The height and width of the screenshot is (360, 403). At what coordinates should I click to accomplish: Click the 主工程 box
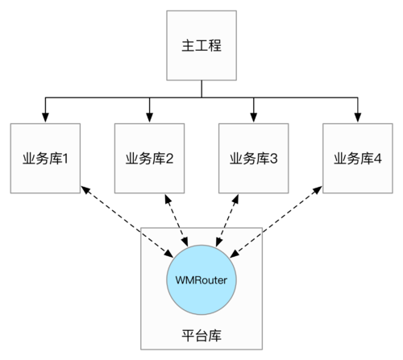click(201, 44)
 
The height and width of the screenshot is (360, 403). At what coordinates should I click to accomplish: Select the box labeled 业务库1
click(45, 158)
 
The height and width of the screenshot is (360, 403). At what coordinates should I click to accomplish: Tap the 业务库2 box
click(150, 158)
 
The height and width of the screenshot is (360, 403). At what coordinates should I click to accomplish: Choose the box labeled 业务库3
click(254, 158)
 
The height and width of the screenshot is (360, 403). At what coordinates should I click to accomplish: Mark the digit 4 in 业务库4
click(377, 159)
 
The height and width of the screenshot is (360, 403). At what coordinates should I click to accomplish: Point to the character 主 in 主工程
click(185, 45)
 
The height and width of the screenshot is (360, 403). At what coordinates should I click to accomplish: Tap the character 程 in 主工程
click(218, 45)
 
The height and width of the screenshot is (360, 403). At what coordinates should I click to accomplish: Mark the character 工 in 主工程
click(201, 45)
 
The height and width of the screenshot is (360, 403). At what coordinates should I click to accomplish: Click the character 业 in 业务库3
click(236, 159)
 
